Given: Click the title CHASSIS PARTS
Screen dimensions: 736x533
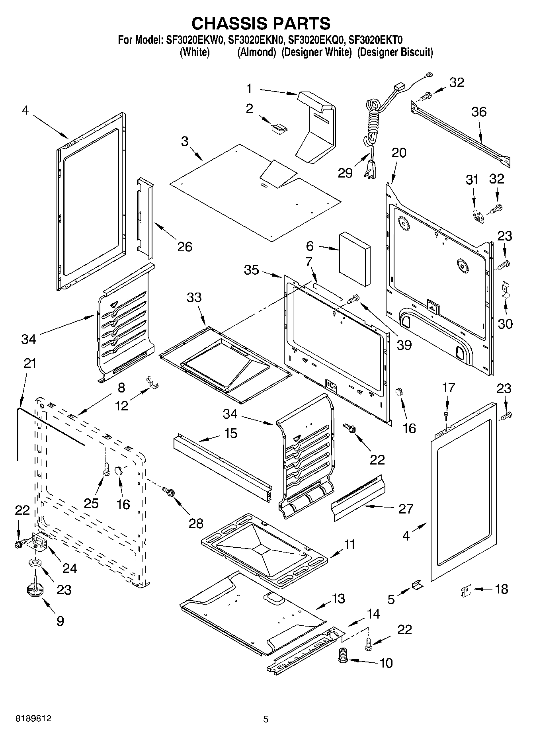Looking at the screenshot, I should [x=261, y=23].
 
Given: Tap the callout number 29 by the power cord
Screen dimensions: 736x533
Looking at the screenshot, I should [x=345, y=173].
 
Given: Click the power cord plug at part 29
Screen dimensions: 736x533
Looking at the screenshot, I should [x=370, y=166].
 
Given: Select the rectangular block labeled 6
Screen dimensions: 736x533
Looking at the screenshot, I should [x=355, y=260].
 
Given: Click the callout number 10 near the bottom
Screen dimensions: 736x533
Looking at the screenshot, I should [x=386, y=663].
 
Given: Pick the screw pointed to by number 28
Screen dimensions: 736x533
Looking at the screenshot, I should [x=169, y=492].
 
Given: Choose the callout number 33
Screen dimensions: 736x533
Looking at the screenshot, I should [x=194, y=298].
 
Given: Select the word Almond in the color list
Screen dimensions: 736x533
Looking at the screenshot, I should [x=257, y=52].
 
